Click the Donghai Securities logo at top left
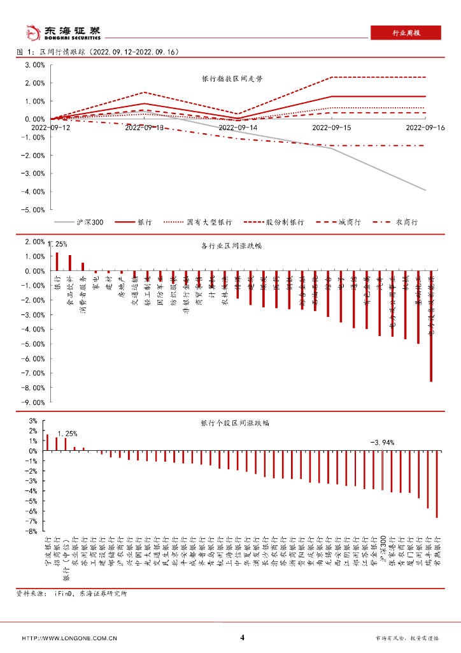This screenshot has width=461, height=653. pos(62,32)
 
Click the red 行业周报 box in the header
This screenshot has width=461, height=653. pos(406,33)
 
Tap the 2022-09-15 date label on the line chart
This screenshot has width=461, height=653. pos(332,128)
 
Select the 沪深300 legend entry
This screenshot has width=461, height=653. pos(83,223)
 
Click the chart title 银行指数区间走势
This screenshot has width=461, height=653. pos(232,79)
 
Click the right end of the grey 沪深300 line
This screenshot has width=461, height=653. pos(425,190)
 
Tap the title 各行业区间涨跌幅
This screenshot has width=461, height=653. pos(232,246)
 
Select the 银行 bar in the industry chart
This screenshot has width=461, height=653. pos(57,261)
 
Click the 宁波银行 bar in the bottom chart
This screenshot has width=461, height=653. pos(47,443)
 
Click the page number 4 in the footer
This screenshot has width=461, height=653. pos(242,637)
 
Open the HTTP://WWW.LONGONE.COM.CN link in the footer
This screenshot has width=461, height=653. pos(69,638)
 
